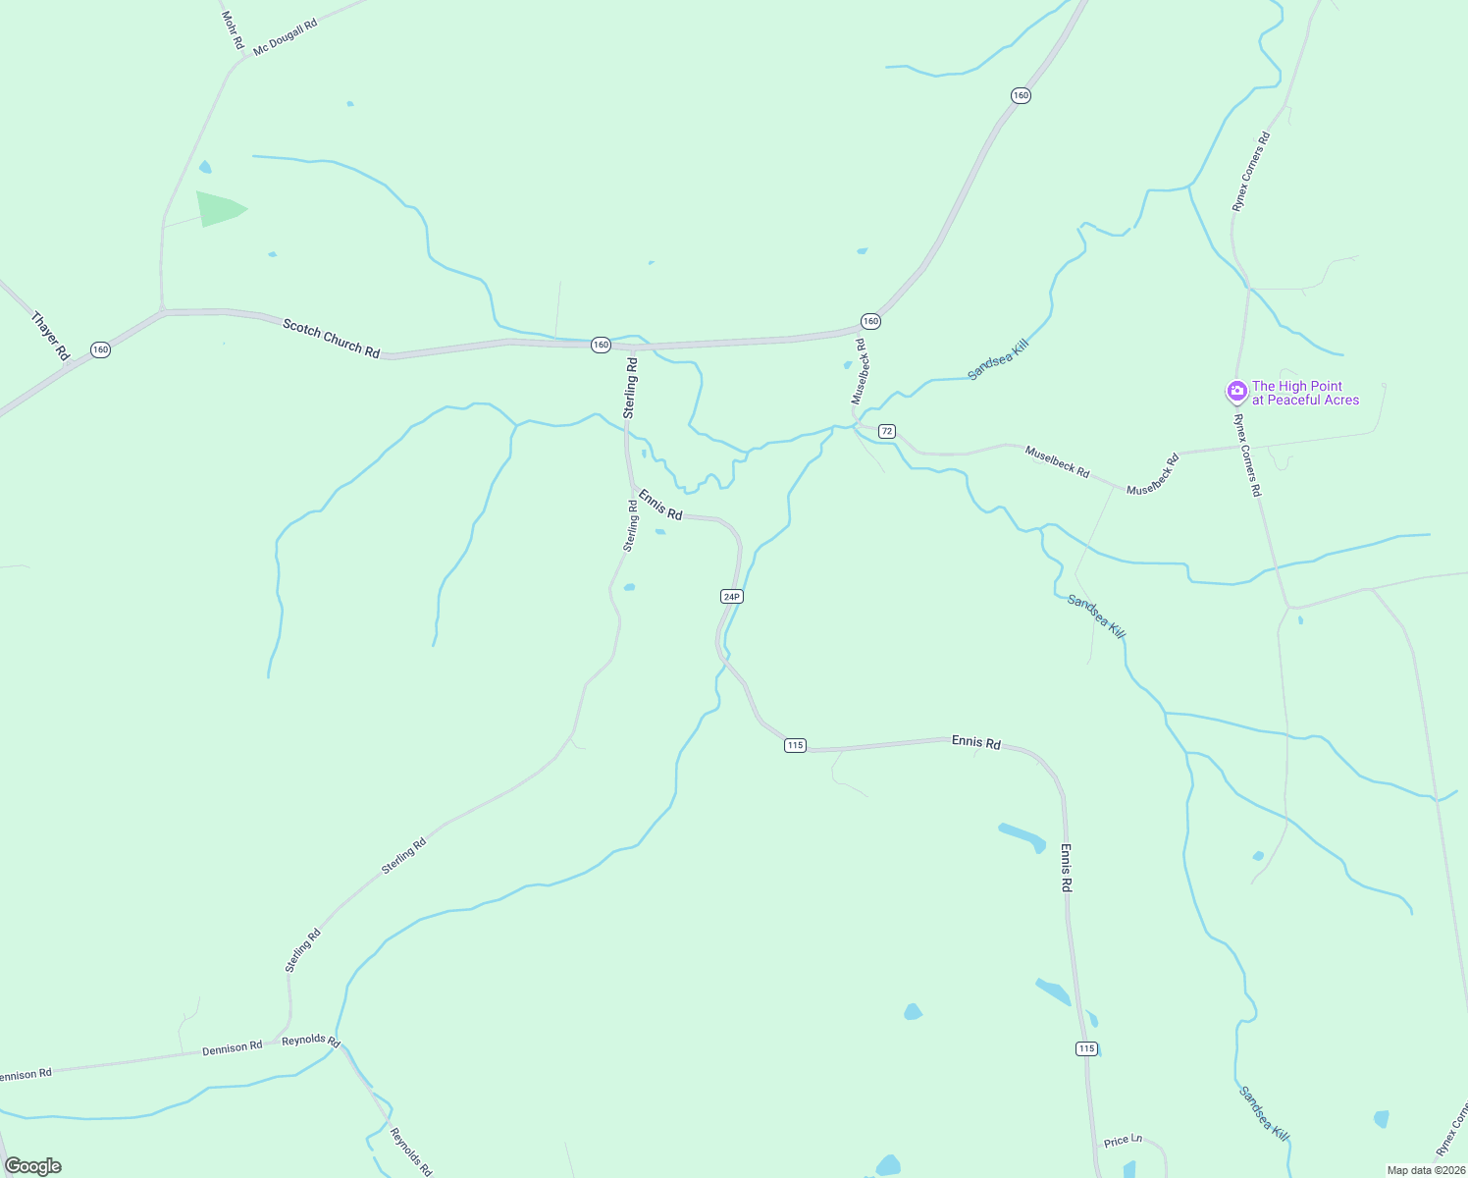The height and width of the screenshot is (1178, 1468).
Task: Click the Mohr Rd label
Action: point(232,30)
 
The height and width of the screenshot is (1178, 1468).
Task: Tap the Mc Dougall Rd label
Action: point(285,37)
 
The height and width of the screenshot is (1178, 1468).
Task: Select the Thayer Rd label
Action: point(50,336)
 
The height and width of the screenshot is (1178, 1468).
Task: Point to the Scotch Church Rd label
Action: point(331,338)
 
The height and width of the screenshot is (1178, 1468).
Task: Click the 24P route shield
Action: point(731,596)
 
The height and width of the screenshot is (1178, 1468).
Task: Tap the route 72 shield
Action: point(887,431)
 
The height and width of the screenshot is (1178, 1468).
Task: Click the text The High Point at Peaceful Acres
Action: point(1305,393)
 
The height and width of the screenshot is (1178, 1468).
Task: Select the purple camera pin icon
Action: point(1236,392)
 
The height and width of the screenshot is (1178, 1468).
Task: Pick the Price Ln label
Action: point(1123,1141)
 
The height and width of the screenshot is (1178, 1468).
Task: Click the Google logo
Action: point(33,1166)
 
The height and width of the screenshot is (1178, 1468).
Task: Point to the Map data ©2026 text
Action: point(1426,1170)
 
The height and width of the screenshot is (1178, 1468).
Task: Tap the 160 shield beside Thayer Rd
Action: point(100,349)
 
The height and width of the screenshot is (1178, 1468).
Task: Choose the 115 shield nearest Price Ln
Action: point(1085,1048)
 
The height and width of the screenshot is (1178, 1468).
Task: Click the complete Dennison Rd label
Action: point(232,1047)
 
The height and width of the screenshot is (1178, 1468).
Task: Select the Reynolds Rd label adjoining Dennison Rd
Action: point(310,1041)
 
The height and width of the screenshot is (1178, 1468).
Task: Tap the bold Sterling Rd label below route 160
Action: point(631,388)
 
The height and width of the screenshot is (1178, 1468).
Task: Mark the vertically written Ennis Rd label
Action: point(1066,868)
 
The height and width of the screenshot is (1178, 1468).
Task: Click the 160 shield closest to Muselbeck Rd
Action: point(870,321)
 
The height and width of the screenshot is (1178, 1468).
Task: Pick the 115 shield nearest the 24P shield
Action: point(795,745)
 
